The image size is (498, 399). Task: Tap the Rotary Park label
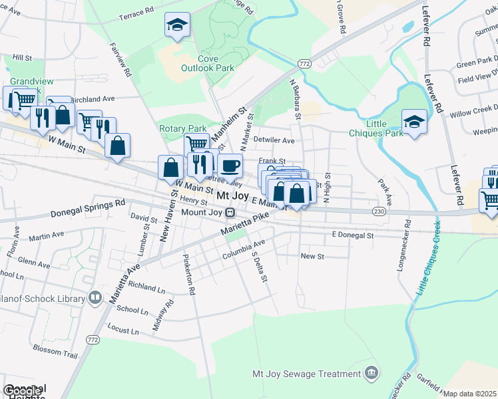pyautogui.click(x=182, y=128)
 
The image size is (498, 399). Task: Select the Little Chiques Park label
pyautogui.click(x=375, y=128)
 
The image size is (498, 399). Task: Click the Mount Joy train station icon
pyautogui.click(x=230, y=213)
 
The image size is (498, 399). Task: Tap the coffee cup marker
pyautogui.click(x=230, y=164)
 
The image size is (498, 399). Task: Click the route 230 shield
pyautogui.click(x=379, y=211)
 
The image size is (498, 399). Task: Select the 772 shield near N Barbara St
pyautogui.click(x=304, y=64)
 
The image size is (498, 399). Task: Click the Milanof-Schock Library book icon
pyautogui.click(x=96, y=297)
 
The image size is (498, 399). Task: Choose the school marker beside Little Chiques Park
pyautogui.click(x=414, y=121)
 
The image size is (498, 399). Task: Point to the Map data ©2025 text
pyautogui.click(x=469, y=394)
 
